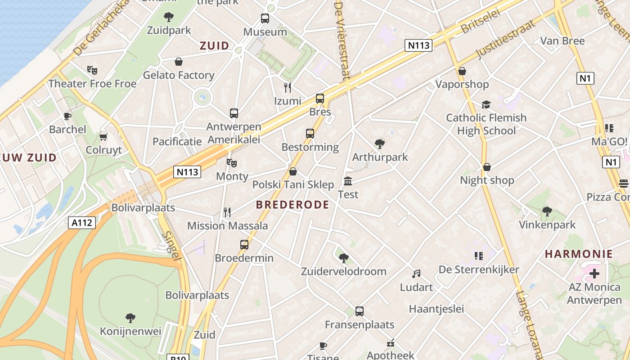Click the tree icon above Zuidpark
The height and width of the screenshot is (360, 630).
[169, 18]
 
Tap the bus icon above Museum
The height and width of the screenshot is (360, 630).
[265, 19]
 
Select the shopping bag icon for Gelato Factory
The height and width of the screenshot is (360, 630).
[179, 62]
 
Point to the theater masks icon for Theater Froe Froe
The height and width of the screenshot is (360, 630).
[92, 70]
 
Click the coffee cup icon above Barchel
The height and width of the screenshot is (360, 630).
[67, 116]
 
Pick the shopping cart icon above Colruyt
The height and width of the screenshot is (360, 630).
[103, 137]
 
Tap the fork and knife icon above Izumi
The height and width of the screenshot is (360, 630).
[288, 87]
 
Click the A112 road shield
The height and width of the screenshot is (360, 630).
[82, 222]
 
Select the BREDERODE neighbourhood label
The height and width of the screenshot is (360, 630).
[292, 205]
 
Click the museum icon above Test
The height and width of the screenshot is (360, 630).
[348, 181]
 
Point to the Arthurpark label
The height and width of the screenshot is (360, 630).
[380, 157]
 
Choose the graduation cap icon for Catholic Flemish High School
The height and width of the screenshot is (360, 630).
[486, 105]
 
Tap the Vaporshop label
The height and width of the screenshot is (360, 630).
[462, 84]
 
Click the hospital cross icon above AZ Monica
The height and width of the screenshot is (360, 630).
[594, 274]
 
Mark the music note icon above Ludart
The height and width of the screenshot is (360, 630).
[416, 274]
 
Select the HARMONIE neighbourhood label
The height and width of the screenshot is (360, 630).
[579, 254]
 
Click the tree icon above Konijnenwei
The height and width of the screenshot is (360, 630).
[130, 318]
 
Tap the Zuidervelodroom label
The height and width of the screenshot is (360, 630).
[343, 271]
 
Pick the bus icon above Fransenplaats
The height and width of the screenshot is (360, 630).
[359, 311]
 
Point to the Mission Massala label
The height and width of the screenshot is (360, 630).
[227, 225]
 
